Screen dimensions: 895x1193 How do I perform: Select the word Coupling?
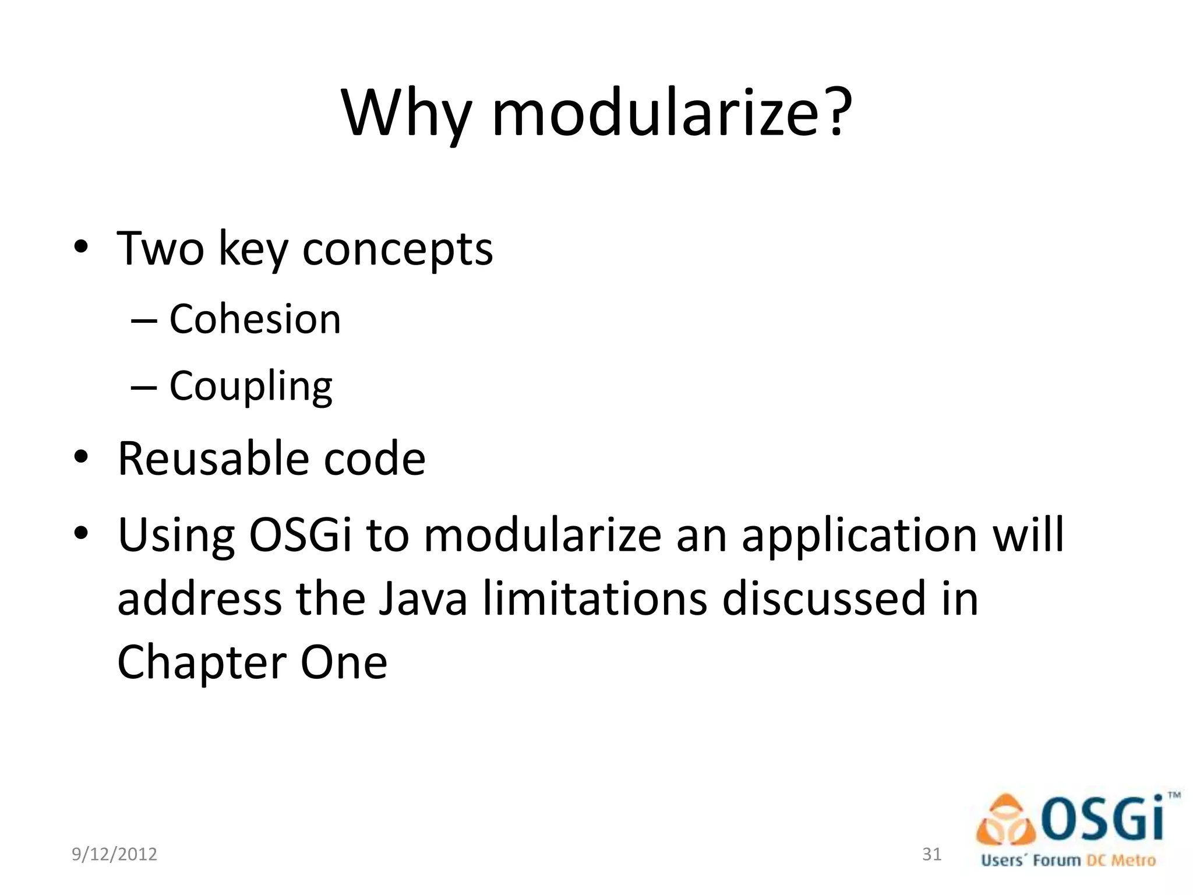pos(250,387)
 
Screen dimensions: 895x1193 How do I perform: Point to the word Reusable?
pos(213,459)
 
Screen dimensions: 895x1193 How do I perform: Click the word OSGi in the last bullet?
pos(300,535)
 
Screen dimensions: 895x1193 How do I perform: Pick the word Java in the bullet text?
pos(422,598)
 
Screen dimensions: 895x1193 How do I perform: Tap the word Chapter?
pos(202,663)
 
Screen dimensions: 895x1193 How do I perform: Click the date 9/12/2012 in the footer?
pos(114,854)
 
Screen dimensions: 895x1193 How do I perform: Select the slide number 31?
pos(932,854)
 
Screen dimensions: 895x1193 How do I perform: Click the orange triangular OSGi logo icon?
pos(1005,821)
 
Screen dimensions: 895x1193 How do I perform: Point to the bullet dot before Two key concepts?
pos(81,247)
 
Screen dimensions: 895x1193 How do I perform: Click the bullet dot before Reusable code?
pos(81,457)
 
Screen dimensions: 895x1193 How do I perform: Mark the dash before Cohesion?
pos(144,321)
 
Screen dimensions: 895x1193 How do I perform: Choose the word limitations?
pos(595,598)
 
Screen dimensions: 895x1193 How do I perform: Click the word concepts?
pos(397,249)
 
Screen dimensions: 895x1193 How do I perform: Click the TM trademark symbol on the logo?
pos(1174,795)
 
